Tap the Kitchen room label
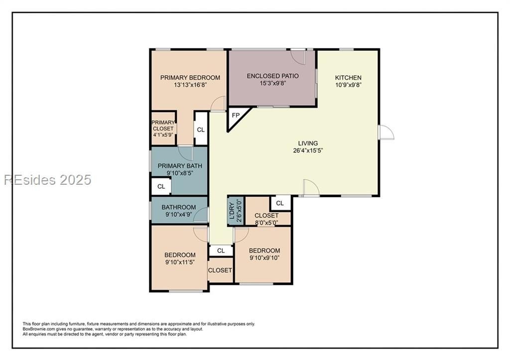348,78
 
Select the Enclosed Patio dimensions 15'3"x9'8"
272,83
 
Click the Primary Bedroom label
190,78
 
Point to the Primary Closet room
164,128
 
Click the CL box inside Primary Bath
161,187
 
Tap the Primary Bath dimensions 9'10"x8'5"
180,173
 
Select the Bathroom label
179,207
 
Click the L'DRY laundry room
236,211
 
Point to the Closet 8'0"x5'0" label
266,219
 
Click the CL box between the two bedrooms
221,251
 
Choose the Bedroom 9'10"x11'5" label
180,258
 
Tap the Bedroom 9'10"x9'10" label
264,254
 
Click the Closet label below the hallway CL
220,270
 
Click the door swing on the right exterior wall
386,132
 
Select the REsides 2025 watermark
47,180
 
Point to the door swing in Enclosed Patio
298,57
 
